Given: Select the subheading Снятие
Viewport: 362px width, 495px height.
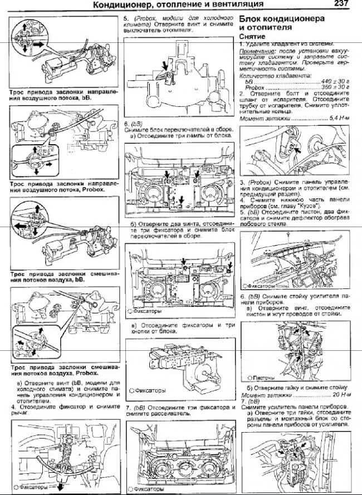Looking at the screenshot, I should [251, 35].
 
